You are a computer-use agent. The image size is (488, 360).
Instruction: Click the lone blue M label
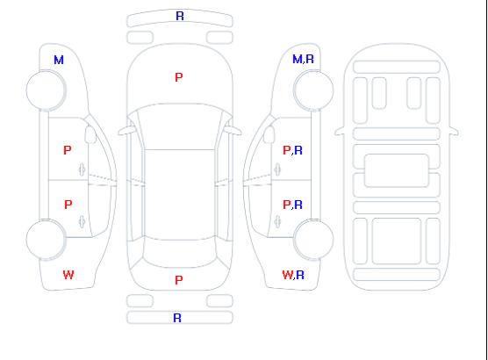coord(59,60)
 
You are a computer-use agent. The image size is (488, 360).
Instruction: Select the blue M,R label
coord(303,59)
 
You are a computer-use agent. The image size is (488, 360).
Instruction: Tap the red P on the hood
coord(179,77)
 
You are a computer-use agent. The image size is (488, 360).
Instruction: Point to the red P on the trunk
coord(179,280)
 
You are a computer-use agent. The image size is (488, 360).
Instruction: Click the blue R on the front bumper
coord(180,16)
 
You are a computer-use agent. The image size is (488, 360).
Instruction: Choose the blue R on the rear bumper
coord(177,318)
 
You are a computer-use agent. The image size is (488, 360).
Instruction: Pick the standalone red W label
coord(68,275)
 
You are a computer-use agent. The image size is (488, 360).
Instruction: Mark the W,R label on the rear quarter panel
coord(293,275)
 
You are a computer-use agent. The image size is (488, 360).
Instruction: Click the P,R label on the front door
coord(292,150)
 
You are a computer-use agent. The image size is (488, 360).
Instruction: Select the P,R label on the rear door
coord(292,205)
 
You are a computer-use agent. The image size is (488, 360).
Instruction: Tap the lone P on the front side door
coord(68,150)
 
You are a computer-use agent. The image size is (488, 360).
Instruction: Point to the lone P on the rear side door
coord(68,205)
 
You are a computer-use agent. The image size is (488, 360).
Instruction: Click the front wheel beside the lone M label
coord(46,90)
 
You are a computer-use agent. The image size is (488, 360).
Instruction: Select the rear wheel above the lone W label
coord(46,240)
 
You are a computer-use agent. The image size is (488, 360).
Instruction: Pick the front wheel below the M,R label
coord(313,90)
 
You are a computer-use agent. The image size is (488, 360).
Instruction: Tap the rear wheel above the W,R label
coord(313,240)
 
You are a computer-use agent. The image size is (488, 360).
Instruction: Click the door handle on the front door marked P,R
coord(277,169)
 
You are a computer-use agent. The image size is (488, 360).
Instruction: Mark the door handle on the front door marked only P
coord(83,169)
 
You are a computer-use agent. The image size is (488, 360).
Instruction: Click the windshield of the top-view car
coord(180,126)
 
